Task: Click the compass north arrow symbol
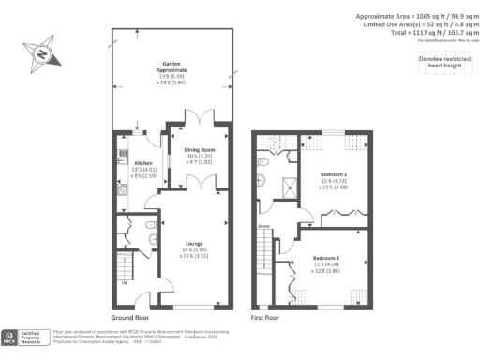[41, 54]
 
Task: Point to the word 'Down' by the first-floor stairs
[264, 225]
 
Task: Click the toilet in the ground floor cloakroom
[151, 227]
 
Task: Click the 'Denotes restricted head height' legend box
[439, 60]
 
